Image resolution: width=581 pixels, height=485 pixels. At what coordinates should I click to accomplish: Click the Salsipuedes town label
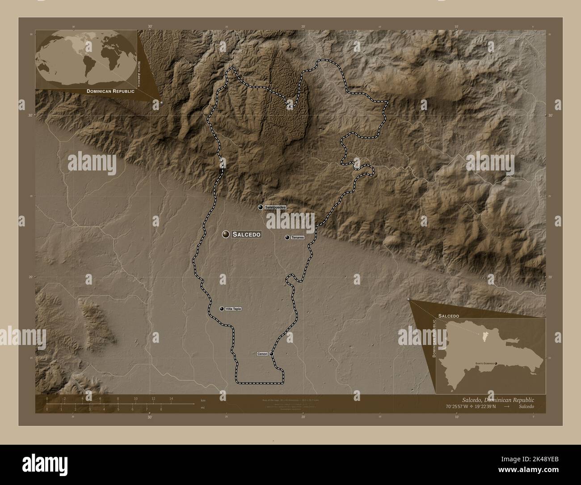(x=275, y=208)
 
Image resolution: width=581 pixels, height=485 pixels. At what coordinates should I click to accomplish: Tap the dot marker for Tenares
(x=287, y=238)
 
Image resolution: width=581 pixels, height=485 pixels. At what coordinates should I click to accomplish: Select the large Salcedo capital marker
(x=226, y=234)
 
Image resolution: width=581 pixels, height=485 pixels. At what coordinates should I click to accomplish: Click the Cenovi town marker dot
(x=271, y=354)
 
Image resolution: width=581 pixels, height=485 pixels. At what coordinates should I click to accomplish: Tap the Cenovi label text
(x=262, y=354)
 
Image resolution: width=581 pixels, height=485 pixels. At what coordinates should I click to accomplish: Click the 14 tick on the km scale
(x=171, y=398)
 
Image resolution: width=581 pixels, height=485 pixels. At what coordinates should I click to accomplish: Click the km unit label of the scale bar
(x=202, y=400)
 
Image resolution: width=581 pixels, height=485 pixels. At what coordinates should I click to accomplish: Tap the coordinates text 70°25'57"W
(x=461, y=406)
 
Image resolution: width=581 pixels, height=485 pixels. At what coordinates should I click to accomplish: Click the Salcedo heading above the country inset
(x=448, y=316)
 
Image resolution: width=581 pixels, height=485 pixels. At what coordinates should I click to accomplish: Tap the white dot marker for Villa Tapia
(x=222, y=309)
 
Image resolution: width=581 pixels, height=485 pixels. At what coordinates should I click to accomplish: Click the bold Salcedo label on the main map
(x=246, y=234)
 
